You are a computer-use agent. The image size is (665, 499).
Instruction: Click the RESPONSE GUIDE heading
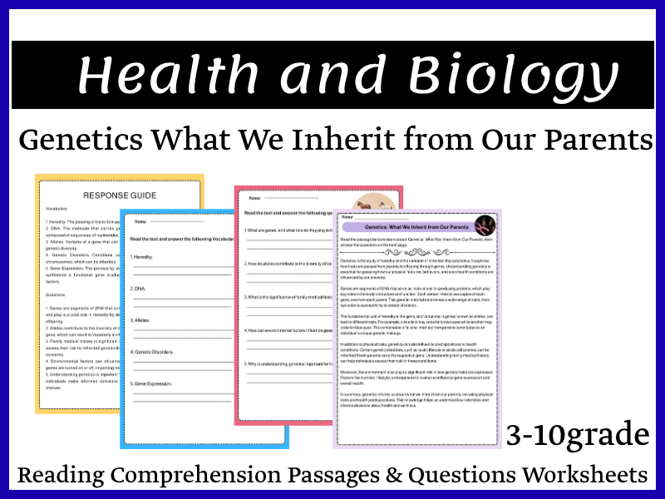pos(119,195)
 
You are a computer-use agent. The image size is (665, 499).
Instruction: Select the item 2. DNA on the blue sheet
pos(139,289)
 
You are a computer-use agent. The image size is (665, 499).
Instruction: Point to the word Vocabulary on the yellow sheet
pos(60,209)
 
